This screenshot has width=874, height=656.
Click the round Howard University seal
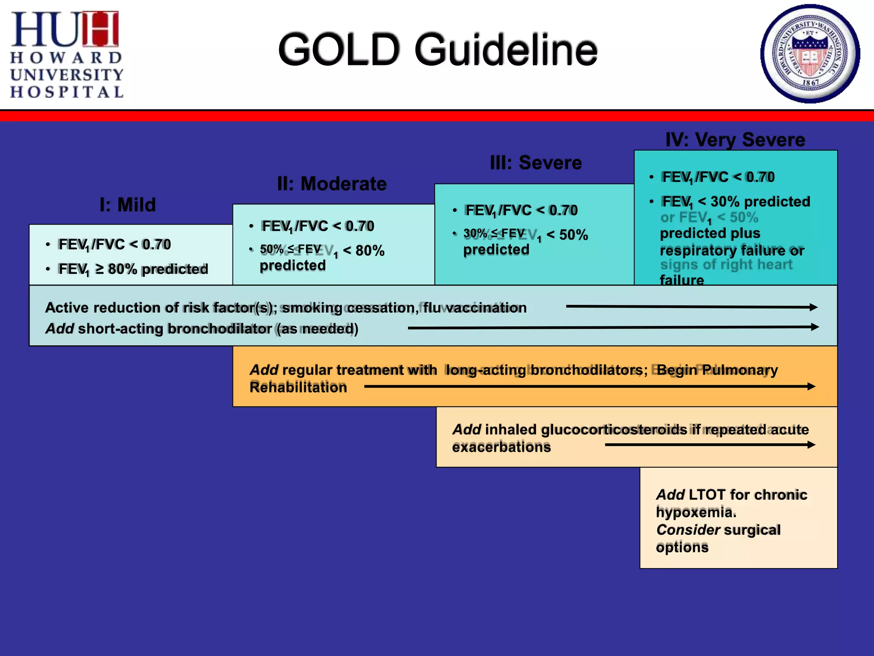[x=810, y=54]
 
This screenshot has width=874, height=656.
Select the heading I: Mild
[x=128, y=205]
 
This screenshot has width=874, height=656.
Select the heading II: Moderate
[x=332, y=184]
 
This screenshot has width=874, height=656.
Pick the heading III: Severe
[x=536, y=163]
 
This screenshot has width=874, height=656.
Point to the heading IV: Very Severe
[x=735, y=140]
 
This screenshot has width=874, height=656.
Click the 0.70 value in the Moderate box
[x=360, y=226]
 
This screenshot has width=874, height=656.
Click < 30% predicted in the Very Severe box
[x=754, y=202]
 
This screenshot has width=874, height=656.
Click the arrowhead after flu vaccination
[x=813, y=307]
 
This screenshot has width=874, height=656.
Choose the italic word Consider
[x=688, y=530]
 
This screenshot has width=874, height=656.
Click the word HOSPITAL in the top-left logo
[x=67, y=92]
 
